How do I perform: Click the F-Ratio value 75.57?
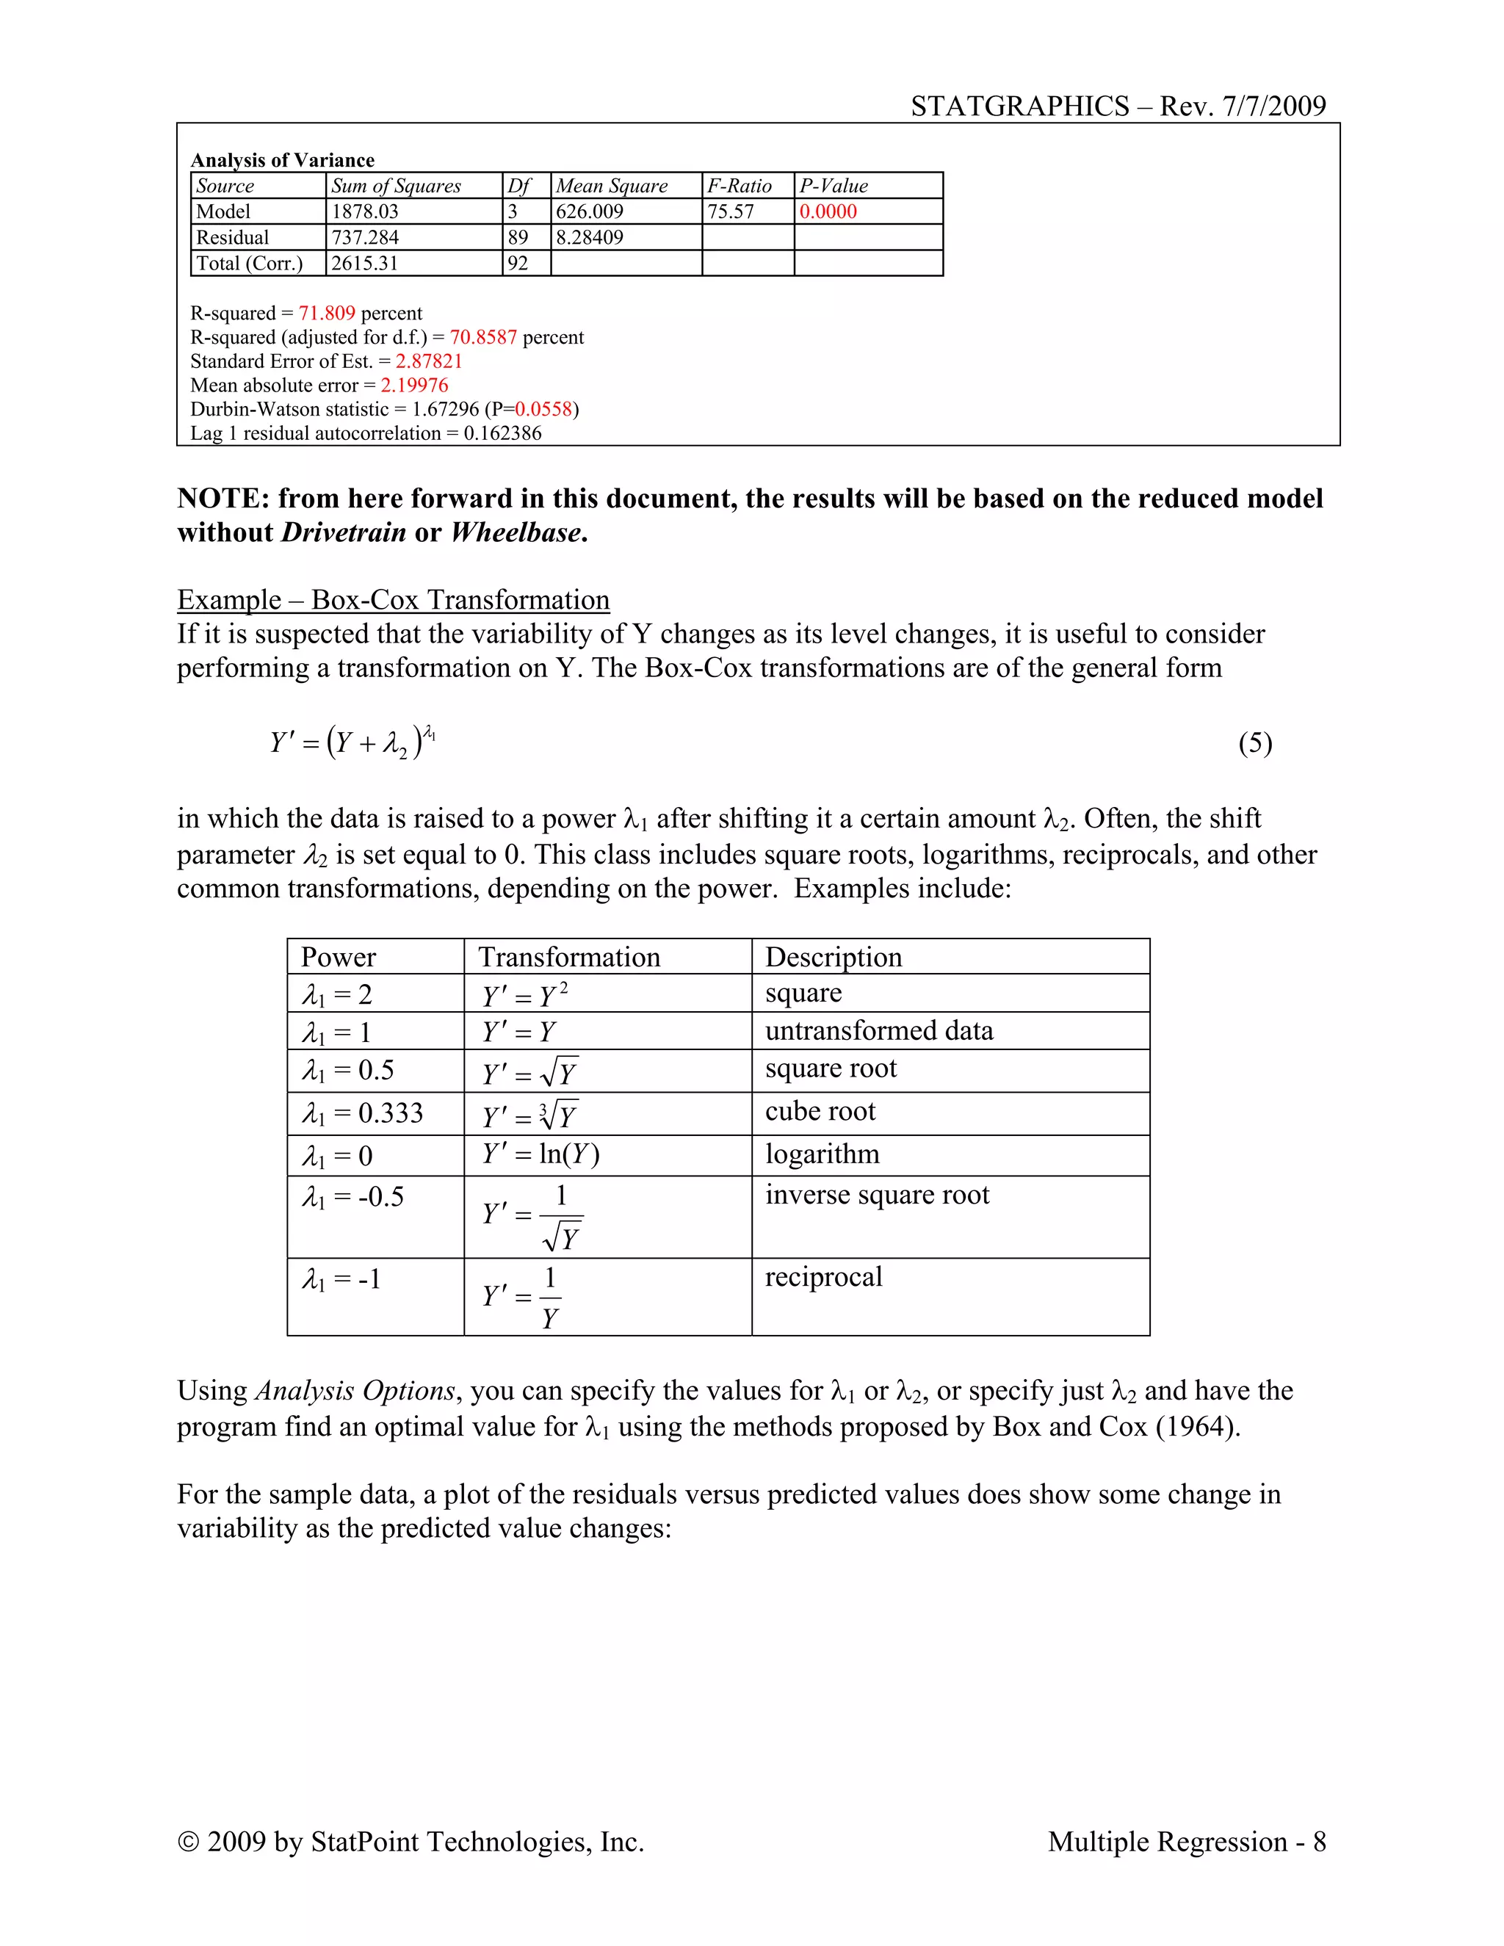pyautogui.click(x=731, y=211)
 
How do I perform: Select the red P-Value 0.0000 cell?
pyautogui.click(x=828, y=211)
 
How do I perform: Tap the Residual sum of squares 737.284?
pyautogui.click(x=365, y=237)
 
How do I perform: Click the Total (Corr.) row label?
pyautogui.click(x=250, y=263)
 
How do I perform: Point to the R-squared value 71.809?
pyautogui.click(x=327, y=313)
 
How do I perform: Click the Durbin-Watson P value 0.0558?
pyautogui.click(x=543, y=409)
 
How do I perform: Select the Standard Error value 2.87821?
pyautogui.click(x=429, y=361)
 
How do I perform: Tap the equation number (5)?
pyautogui.click(x=1254, y=743)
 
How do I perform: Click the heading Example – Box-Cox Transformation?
pyautogui.click(x=393, y=600)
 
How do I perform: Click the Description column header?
pyautogui.click(x=833, y=957)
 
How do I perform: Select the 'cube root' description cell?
pyautogui.click(x=820, y=1111)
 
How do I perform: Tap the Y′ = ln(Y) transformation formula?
pyautogui.click(x=540, y=1155)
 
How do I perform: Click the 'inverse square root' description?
pyautogui.click(x=877, y=1195)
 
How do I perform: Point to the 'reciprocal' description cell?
pyautogui.click(x=823, y=1277)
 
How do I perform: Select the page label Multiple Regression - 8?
pyautogui.click(x=1186, y=1841)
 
